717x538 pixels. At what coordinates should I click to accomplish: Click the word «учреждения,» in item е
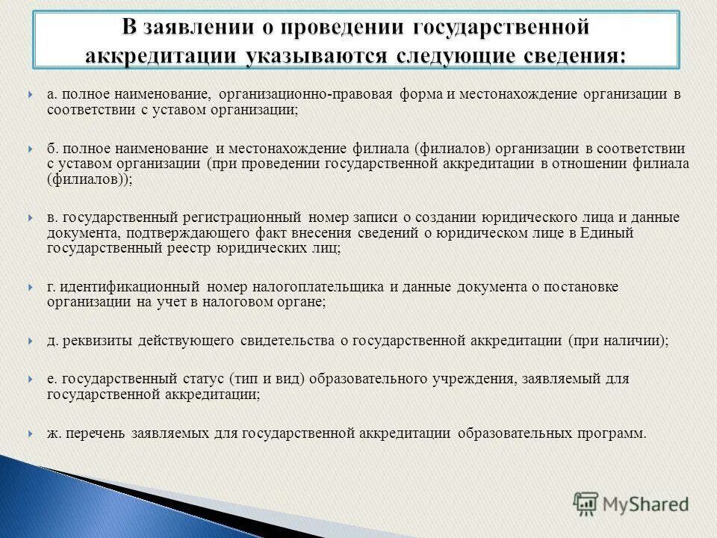coord(471,379)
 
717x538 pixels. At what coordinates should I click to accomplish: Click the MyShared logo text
coord(647,504)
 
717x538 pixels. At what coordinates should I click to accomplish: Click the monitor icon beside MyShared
coord(587,504)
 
